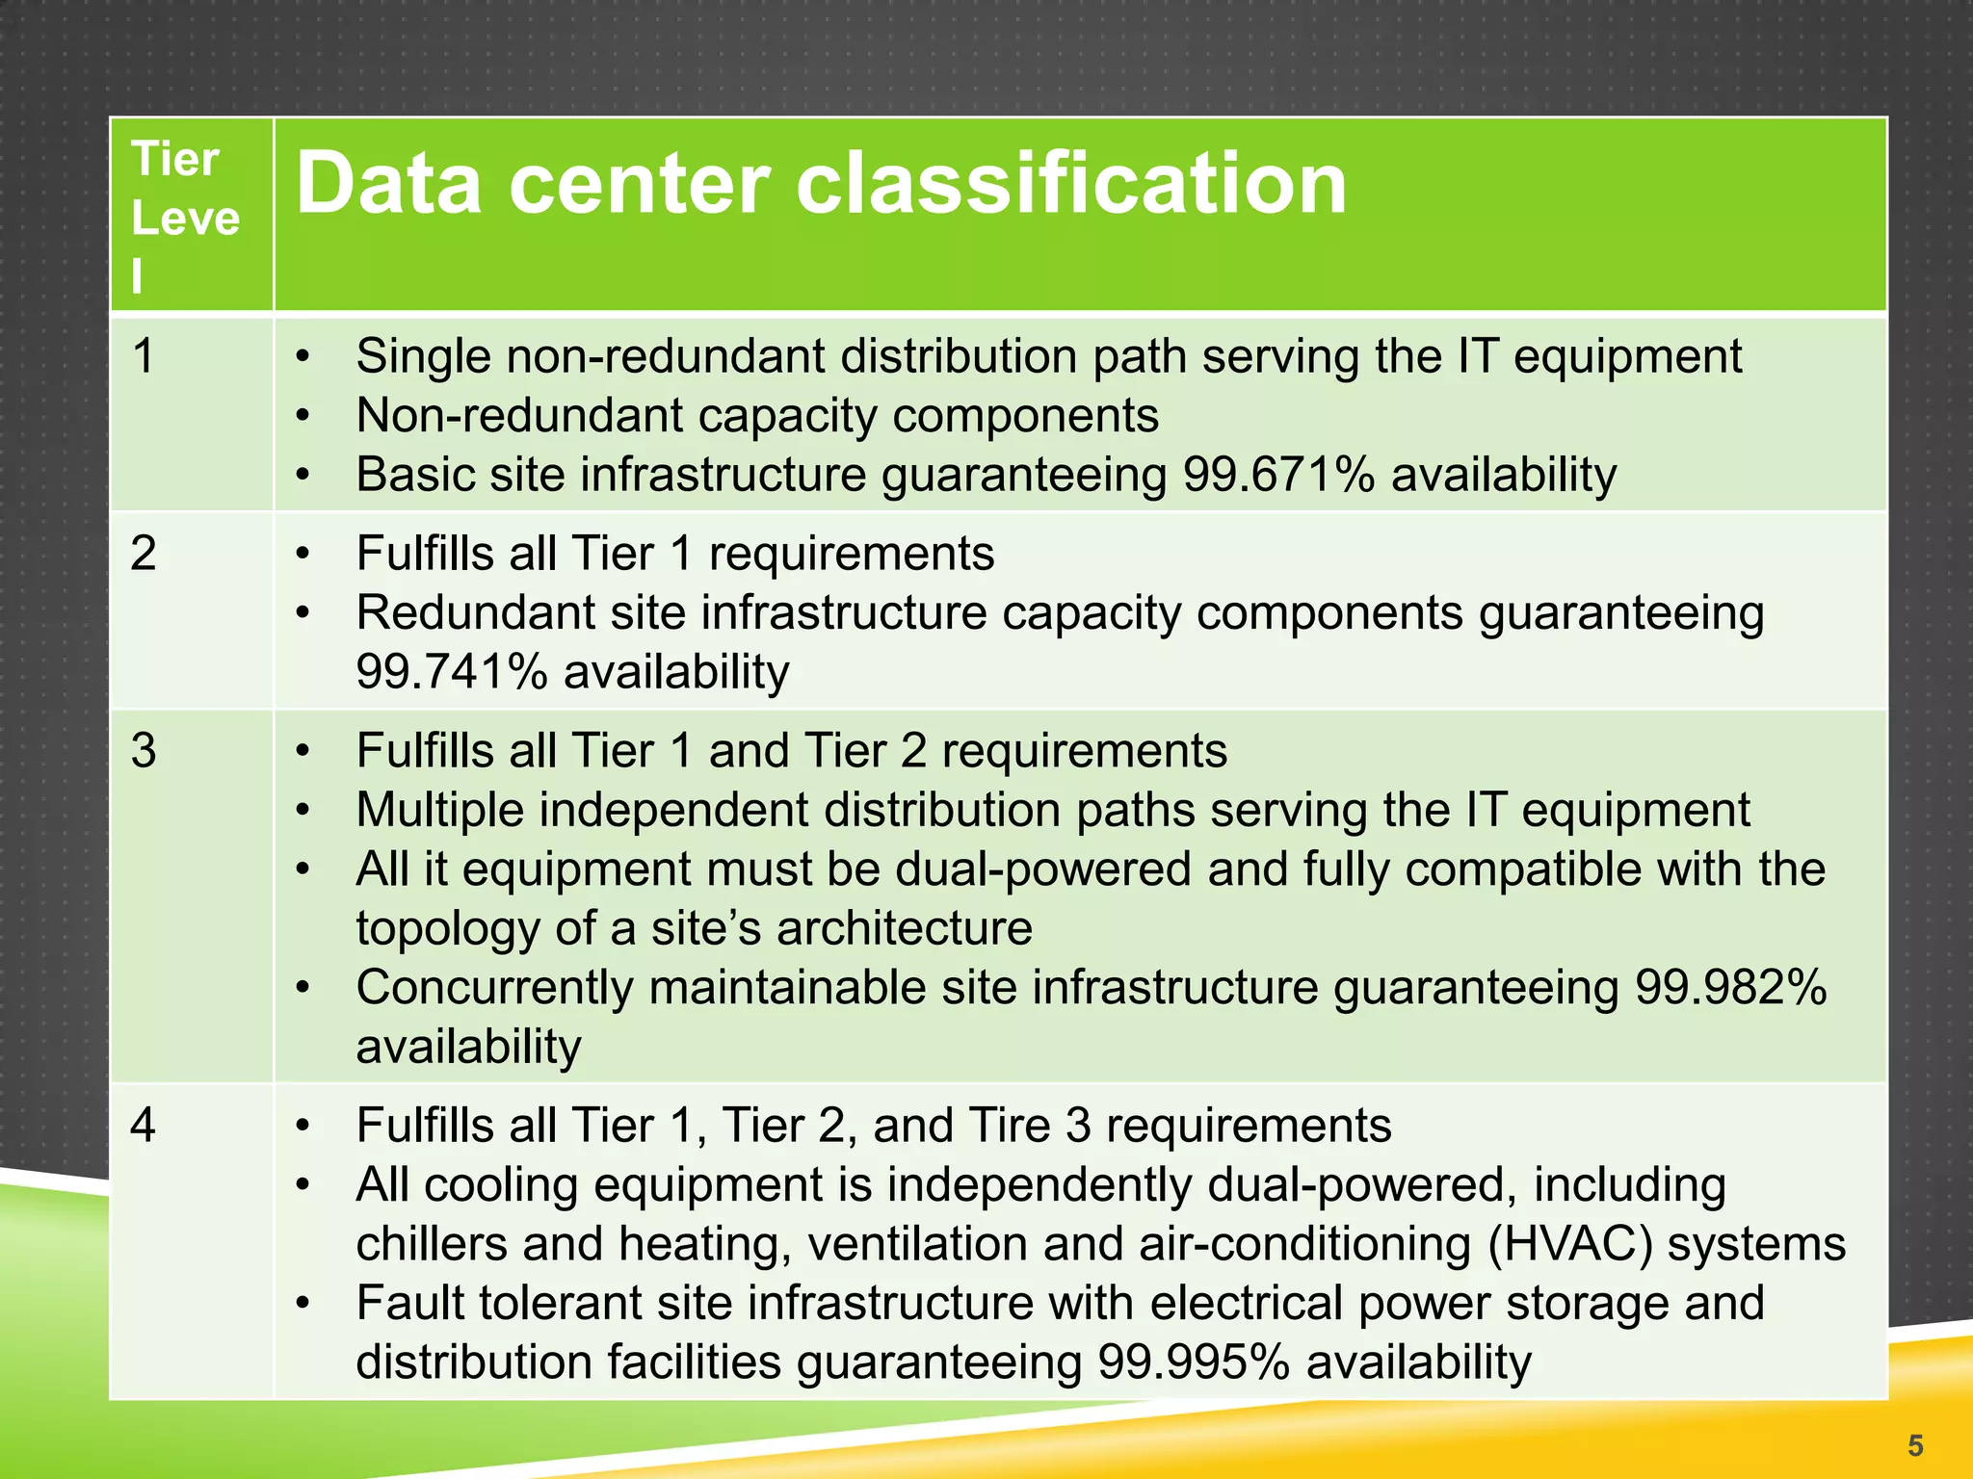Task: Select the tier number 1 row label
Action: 144,356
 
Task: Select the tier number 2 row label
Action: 144,554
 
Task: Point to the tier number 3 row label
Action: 144,751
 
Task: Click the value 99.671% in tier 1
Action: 1278,475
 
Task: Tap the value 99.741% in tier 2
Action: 451,672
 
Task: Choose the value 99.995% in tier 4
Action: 1194,1362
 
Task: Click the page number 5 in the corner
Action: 1915,1445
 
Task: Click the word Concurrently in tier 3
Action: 494,988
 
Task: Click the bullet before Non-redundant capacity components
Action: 303,416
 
